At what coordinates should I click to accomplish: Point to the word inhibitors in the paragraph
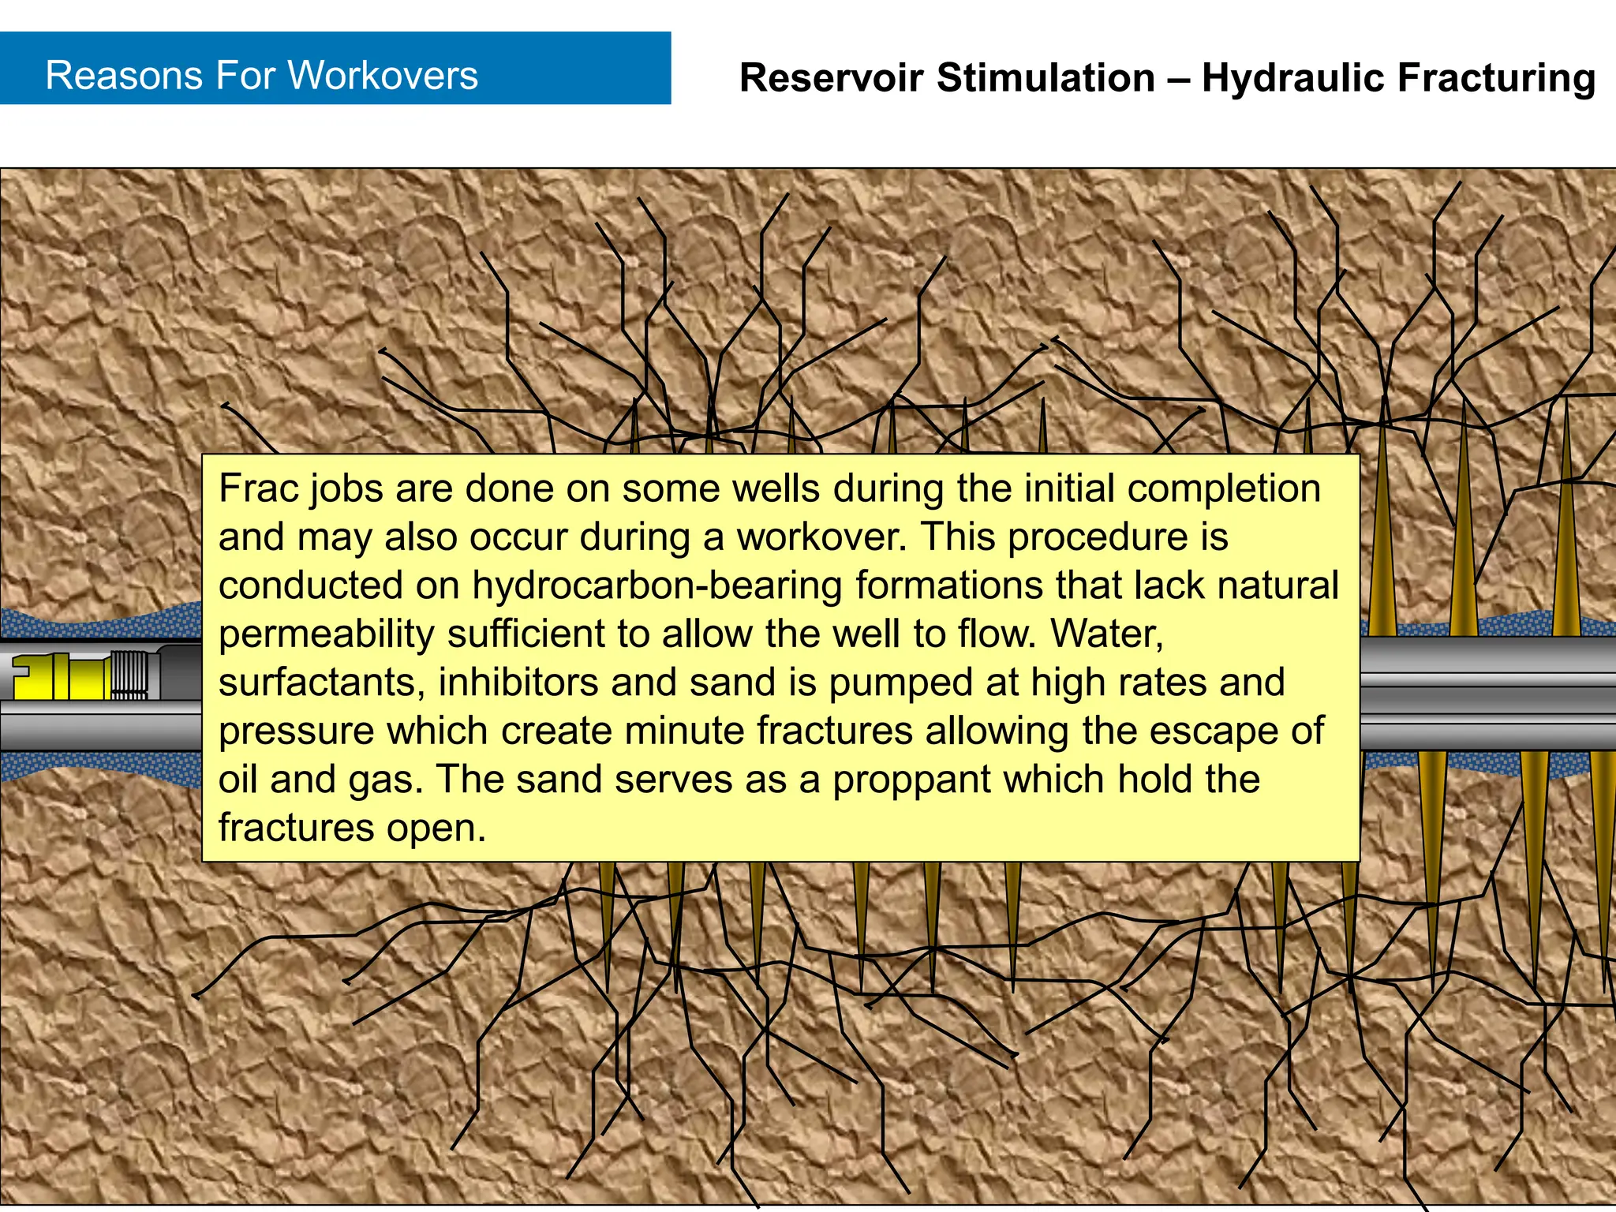pyautogui.click(x=518, y=683)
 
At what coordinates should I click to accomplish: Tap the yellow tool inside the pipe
pyautogui.click(x=59, y=677)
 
